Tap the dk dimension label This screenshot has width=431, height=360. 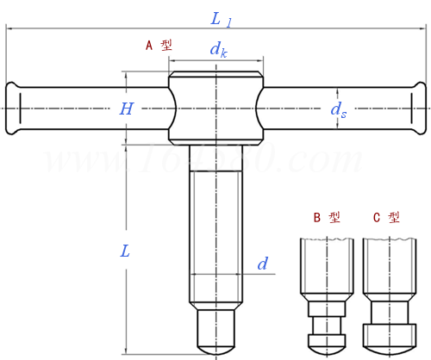tap(218, 51)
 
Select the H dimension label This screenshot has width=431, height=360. tap(127, 109)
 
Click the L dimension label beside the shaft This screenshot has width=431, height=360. tap(125, 252)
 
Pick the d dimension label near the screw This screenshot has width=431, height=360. tap(262, 264)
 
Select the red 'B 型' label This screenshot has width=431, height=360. tap(326, 217)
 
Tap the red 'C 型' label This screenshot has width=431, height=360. tap(386, 217)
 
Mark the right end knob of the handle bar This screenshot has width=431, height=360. tap(419, 109)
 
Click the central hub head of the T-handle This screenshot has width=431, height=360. tap(215, 109)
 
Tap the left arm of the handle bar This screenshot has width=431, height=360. tap(86, 109)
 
